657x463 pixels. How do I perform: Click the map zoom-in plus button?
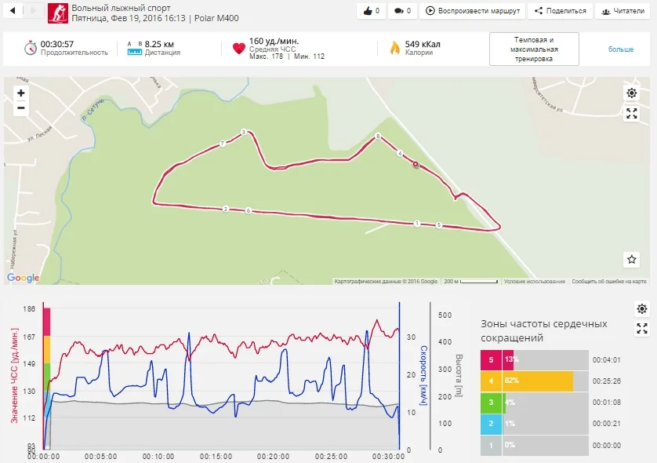click(x=20, y=93)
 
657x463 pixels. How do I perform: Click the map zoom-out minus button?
click(x=20, y=108)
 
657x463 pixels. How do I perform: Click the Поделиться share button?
click(x=560, y=11)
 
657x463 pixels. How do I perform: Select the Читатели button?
click(x=625, y=11)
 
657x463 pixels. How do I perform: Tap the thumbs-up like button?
click(x=372, y=11)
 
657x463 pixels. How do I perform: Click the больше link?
click(x=620, y=49)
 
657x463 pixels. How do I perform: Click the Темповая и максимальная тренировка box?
click(x=534, y=49)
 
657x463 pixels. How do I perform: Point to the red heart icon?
click(x=239, y=48)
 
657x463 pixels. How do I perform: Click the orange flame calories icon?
click(x=395, y=48)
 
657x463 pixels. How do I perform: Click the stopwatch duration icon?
click(x=31, y=48)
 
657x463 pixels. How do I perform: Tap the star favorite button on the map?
click(x=632, y=259)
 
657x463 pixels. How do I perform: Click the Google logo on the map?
click(x=23, y=278)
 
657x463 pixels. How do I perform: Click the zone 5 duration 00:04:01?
click(x=607, y=360)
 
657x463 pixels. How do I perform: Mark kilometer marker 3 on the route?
click(x=244, y=133)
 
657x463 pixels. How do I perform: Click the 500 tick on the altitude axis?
click(x=445, y=315)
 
